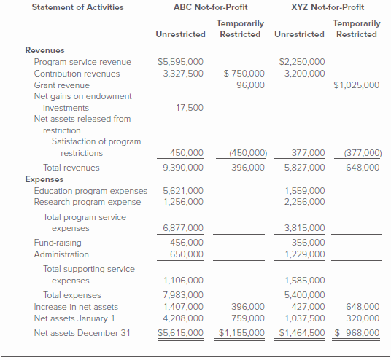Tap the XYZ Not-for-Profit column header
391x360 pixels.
click(327, 7)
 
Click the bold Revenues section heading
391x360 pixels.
click(44, 50)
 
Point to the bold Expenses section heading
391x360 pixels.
click(44, 179)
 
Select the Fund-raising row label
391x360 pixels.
click(58, 243)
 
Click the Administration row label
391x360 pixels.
click(61, 254)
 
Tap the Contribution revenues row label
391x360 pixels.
click(77, 74)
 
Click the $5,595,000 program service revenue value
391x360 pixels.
click(181, 62)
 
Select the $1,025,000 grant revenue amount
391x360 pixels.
click(356, 85)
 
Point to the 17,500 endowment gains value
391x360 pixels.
click(190, 108)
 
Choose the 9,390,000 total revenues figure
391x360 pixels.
click(183, 167)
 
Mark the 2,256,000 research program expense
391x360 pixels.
click(304, 202)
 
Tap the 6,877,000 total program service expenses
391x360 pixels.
click(183, 228)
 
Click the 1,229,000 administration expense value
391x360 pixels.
click(304, 254)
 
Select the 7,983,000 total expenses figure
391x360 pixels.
click(183, 295)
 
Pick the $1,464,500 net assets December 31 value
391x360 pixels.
click(302, 333)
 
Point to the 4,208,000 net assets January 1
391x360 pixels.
click(183, 318)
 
